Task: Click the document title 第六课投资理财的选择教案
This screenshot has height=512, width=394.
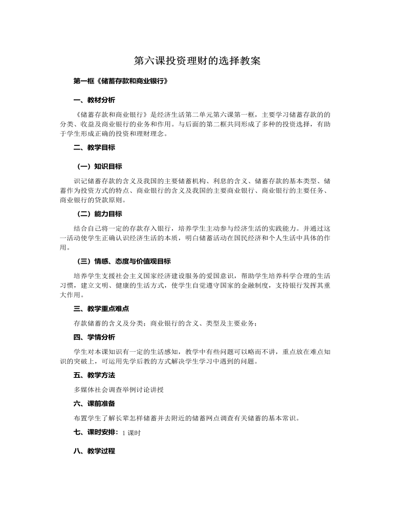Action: pyautogui.click(x=197, y=61)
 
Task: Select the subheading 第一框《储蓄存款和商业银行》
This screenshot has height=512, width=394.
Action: pyautogui.click(x=121, y=81)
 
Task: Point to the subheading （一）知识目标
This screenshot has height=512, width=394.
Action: pyautogui.click(x=99, y=166)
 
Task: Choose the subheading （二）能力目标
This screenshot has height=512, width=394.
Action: pyautogui.click(x=99, y=214)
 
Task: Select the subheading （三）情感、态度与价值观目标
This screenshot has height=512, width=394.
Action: pyautogui.click(x=123, y=261)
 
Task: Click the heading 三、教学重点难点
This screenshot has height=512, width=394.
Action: pyautogui.click(x=101, y=309)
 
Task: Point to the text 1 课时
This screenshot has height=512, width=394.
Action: pyautogui.click(x=132, y=433)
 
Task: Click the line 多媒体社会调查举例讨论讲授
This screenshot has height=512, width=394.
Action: pyautogui.click(x=119, y=389)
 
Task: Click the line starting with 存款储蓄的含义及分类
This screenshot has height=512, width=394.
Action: pyautogui.click(x=166, y=323)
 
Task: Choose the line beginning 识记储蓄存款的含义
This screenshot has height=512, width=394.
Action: pyautogui.click(x=202, y=181)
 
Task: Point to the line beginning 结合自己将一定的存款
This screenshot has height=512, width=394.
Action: pyautogui.click(x=202, y=228)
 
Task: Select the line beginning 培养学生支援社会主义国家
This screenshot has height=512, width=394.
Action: pyautogui.click(x=202, y=275)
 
